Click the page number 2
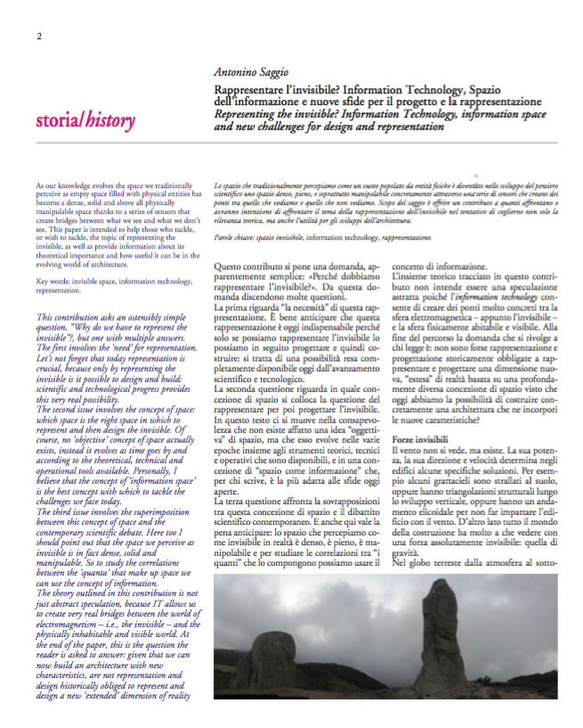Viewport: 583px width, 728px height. coord(39,36)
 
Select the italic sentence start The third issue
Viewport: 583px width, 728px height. coord(69,529)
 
